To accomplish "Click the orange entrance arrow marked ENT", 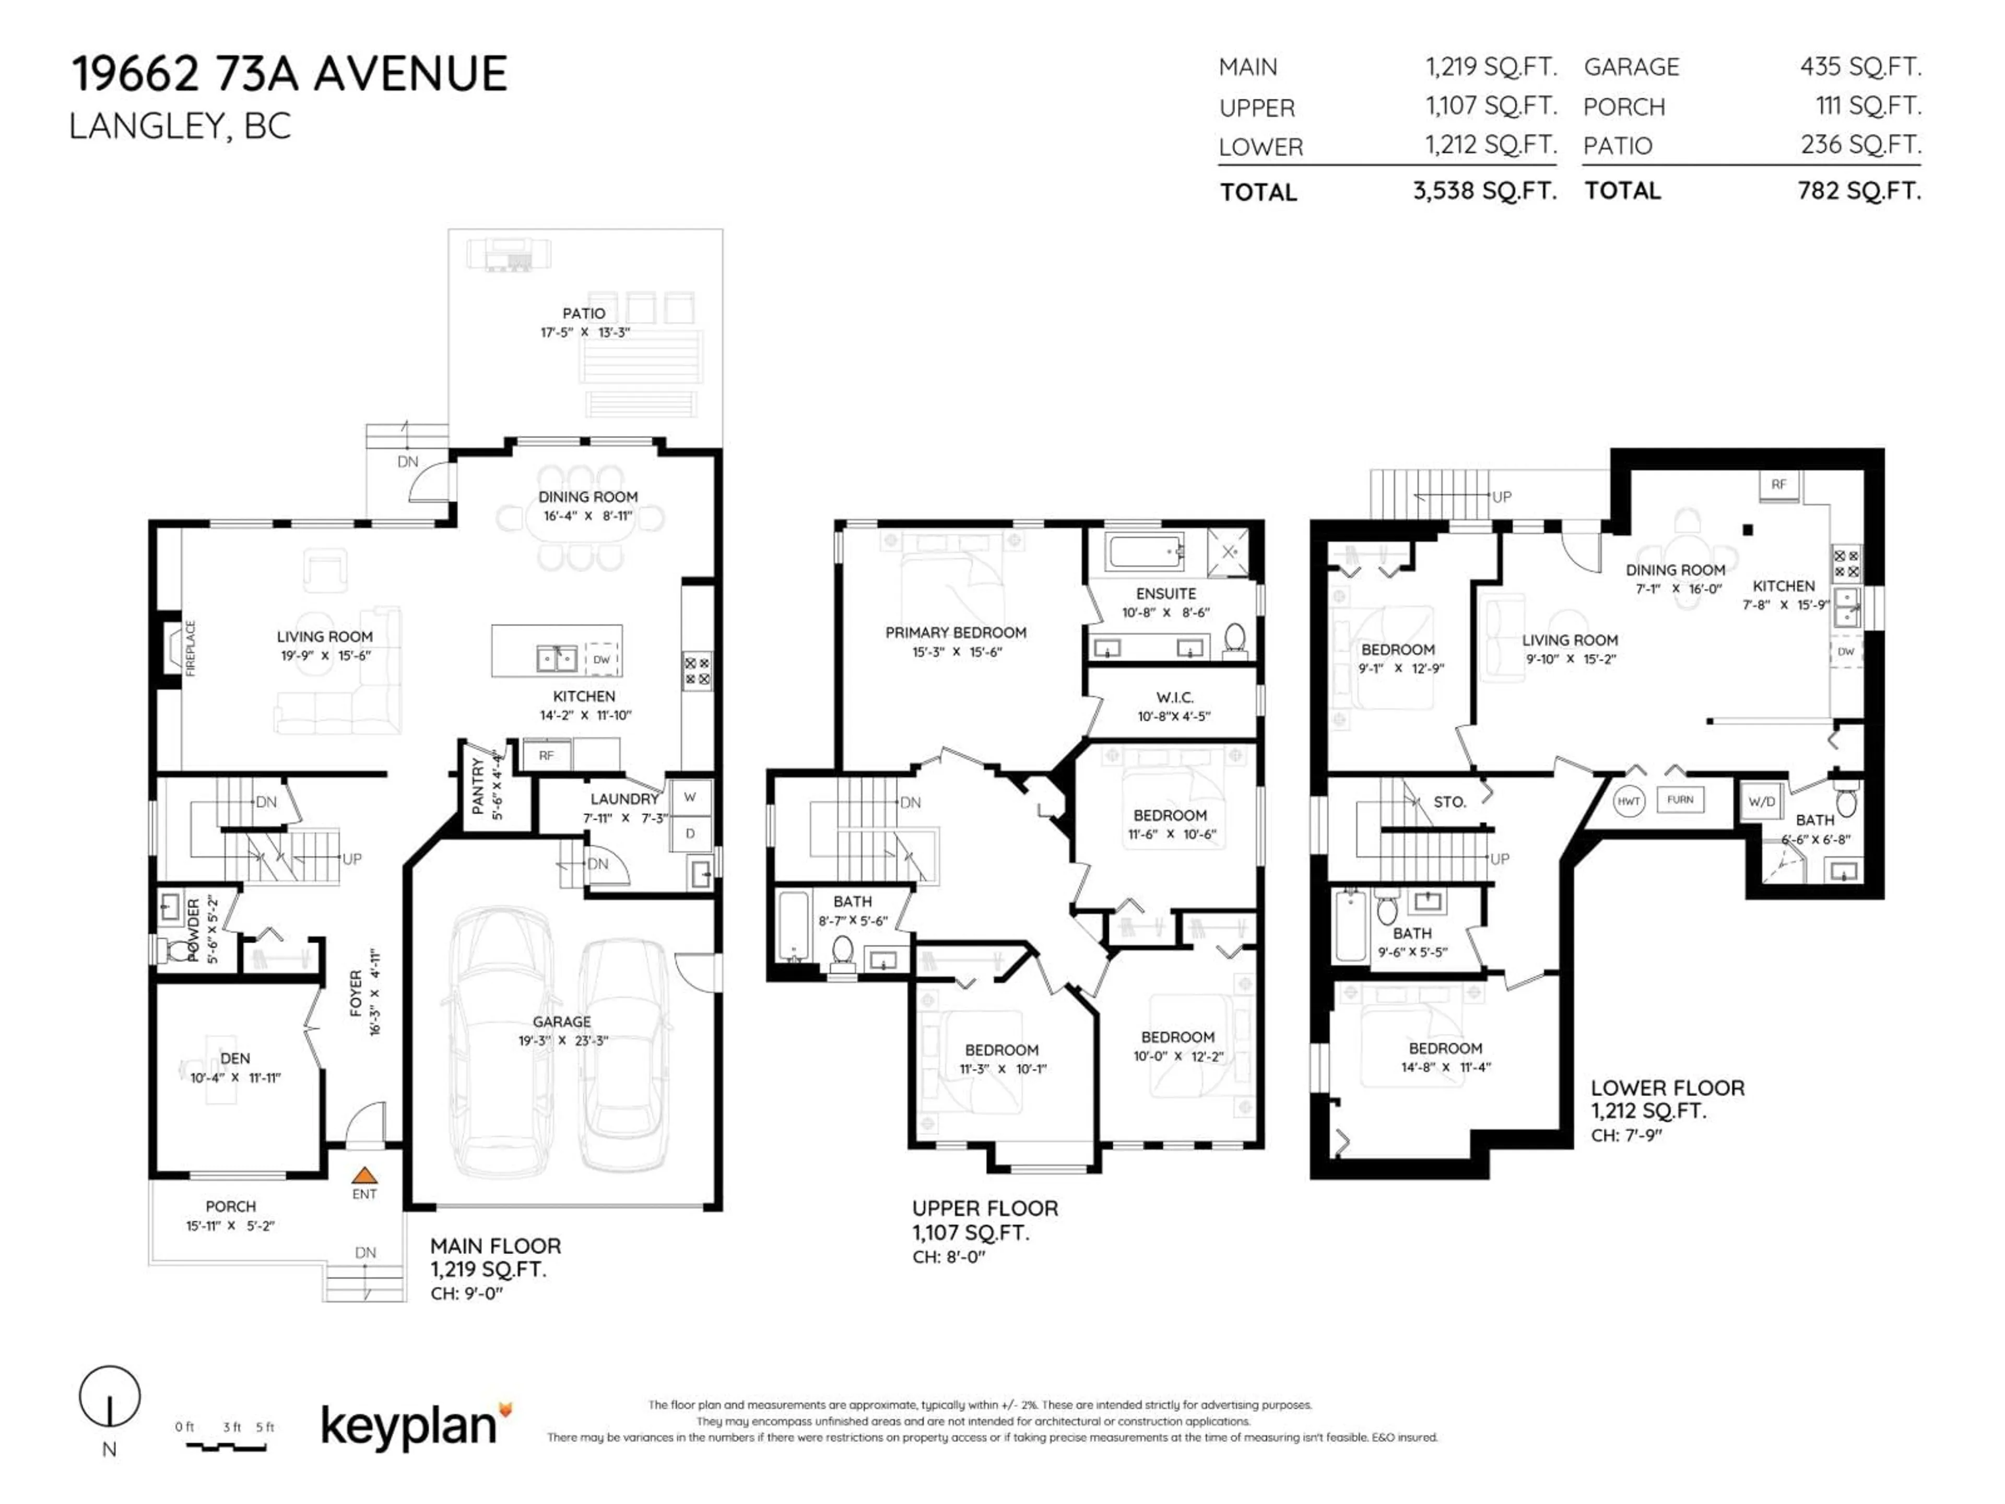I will click(364, 1175).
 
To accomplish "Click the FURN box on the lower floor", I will click(1680, 800).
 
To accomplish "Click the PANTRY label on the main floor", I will click(479, 785).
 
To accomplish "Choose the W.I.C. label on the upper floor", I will click(1175, 697).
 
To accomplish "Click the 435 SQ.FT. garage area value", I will click(1860, 67).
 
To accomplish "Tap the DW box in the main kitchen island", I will click(602, 659).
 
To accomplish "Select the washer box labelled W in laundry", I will click(690, 797).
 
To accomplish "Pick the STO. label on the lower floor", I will click(1449, 802).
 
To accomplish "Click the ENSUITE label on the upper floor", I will click(1165, 594).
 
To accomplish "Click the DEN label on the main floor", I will click(235, 1058).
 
